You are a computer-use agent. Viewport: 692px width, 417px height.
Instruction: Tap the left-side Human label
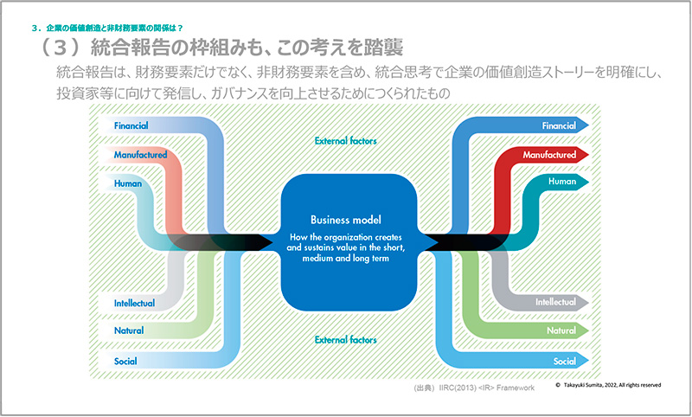[128, 183]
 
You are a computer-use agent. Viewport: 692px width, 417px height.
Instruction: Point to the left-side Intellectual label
[134, 303]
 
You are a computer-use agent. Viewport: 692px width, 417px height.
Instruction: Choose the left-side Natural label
[129, 330]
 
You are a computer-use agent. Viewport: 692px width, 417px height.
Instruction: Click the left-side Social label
[125, 360]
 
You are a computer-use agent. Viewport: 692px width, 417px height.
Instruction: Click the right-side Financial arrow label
[558, 125]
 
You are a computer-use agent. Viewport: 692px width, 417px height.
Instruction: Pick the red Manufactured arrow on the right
[548, 155]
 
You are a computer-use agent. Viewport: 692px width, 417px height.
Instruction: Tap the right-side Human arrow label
[562, 183]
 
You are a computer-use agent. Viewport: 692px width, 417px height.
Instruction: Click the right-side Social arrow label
[564, 360]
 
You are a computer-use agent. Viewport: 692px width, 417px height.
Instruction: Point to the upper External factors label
[346, 140]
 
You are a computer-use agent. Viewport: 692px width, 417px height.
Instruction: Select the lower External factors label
[346, 339]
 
